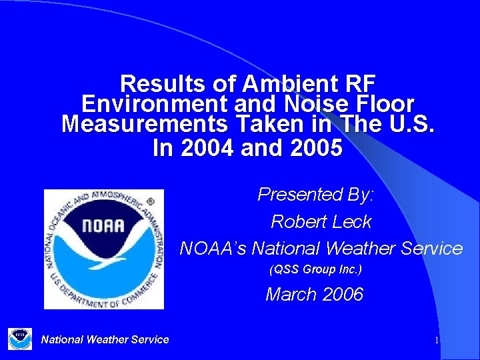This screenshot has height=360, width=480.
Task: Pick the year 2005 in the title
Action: [317, 147]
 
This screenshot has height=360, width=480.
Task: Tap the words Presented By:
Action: [317, 194]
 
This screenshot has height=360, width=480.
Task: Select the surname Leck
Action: [349, 221]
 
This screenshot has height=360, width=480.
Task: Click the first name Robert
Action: [294, 221]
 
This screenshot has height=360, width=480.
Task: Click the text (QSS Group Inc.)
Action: [315, 270]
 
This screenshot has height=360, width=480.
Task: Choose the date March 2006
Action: [315, 294]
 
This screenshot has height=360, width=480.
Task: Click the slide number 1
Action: [437, 341]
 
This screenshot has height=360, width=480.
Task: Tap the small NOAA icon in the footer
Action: [20, 339]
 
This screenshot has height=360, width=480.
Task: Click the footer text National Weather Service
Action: [105, 339]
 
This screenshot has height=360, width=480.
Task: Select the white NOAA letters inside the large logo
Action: [103, 225]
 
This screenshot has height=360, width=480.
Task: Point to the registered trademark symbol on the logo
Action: [150, 201]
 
